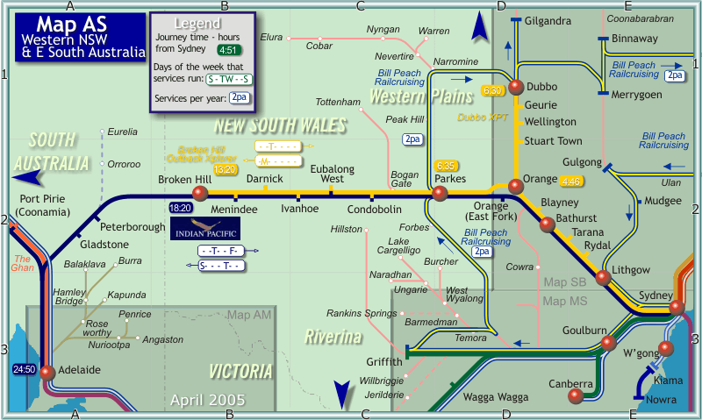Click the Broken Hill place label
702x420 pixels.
184,179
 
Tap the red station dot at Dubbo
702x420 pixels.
516,86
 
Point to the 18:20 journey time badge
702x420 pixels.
179,208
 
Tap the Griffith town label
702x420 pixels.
384,361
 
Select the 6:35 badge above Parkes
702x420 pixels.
446,166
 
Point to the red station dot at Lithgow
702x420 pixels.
603,278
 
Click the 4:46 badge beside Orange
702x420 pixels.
571,182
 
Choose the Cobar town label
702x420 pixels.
319,46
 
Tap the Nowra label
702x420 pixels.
661,400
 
